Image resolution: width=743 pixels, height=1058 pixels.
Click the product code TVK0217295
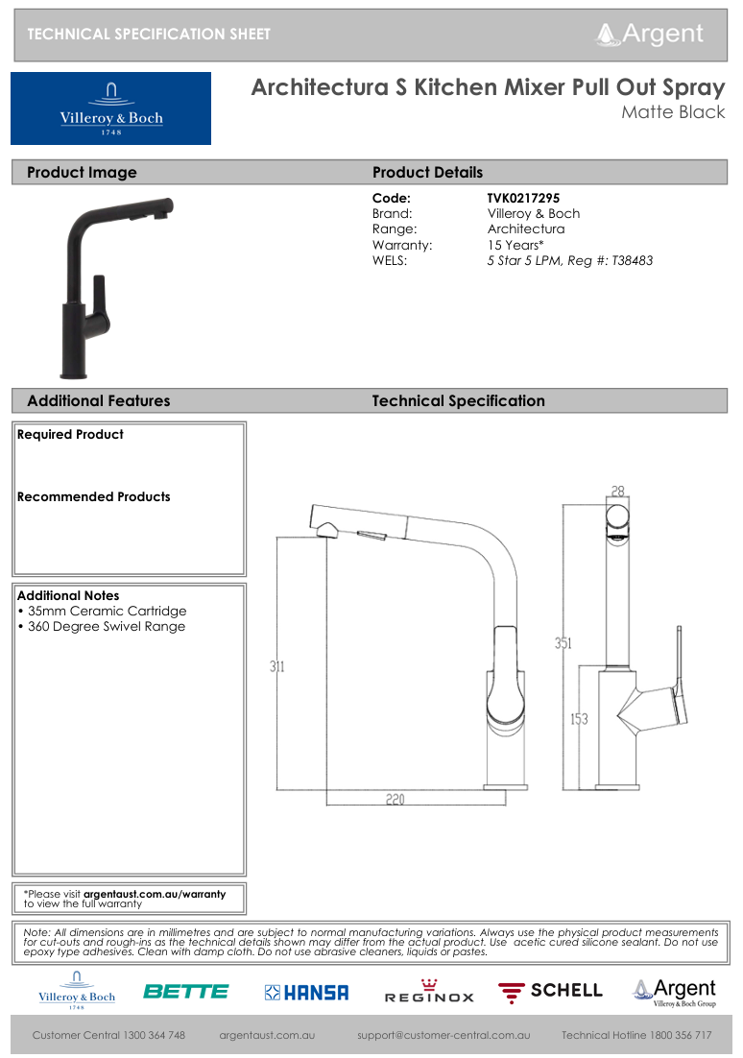523,199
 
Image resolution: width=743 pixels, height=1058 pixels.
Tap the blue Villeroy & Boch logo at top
111,108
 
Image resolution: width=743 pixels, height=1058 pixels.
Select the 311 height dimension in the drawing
276,666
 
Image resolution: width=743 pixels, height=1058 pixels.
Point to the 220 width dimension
395,799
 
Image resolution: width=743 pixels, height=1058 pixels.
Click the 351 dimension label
563,643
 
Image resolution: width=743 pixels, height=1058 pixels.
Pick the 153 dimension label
579,719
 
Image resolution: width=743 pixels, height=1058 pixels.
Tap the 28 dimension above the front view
617,492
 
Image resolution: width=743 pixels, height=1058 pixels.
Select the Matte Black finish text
672,113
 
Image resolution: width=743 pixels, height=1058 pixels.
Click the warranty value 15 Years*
515,245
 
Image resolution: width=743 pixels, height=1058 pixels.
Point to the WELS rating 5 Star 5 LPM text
569,260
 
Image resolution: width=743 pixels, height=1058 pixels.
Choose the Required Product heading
70,435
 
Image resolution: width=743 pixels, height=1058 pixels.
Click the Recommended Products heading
93,497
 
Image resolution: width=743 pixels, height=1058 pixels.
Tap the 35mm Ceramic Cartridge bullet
102,612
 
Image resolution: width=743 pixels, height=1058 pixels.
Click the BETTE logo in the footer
186,992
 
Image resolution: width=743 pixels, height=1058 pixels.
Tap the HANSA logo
306,993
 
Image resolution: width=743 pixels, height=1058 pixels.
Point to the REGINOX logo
429,992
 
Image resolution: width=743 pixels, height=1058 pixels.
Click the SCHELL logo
550,991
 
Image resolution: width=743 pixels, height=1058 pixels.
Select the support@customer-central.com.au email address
443,1036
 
